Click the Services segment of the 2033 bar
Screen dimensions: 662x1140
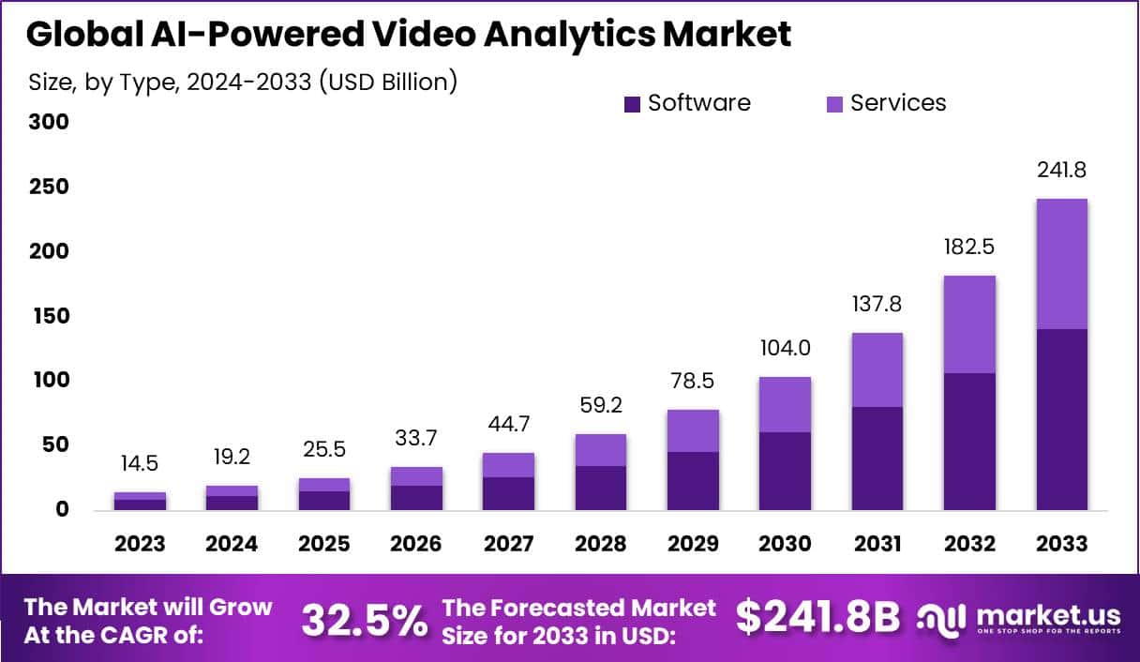click(1061, 263)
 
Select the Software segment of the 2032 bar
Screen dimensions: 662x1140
click(969, 442)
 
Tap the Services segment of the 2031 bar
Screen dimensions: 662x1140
click(877, 369)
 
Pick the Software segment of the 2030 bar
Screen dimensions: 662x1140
click(786, 471)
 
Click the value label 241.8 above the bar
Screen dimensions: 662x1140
click(1061, 171)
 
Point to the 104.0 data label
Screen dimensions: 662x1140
click(786, 349)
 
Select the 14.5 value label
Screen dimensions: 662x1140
click(141, 464)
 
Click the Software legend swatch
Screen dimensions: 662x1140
click(632, 104)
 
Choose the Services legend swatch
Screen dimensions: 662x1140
click(834, 104)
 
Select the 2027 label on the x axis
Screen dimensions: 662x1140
click(508, 545)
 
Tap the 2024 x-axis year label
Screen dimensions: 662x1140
click(232, 545)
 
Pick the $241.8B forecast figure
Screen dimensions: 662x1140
click(817, 618)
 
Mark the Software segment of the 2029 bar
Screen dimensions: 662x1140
click(694, 481)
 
